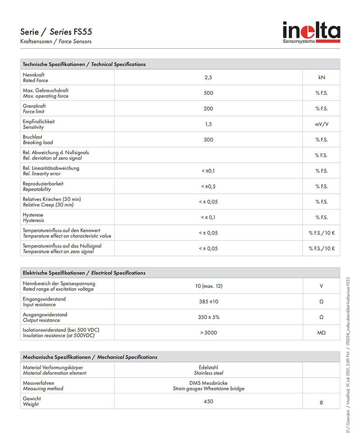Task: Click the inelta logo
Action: click(x=311, y=33)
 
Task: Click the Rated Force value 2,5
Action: click(x=208, y=77)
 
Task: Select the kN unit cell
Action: click(x=321, y=77)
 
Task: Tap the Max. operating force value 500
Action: click(x=208, y=93)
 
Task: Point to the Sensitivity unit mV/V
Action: click(x=321, y=124)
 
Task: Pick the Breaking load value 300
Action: click(x=208, y=140)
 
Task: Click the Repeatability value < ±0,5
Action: click(x=208, y=187)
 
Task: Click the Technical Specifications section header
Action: click(x=84, y=64)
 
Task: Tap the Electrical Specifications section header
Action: click(x=84, y=273)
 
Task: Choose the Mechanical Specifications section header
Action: click(x=90, y=357)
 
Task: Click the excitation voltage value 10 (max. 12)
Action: click(x=208, y=286)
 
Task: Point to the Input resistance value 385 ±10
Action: click(x=208, y=302)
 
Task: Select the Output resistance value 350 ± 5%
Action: click(x=208, y=317)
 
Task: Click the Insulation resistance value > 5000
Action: click(x=208, y=333)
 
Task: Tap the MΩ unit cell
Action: click(x=321, y=333)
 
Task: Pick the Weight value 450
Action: click(x=208, y=402)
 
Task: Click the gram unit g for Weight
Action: click(x=321, y=402)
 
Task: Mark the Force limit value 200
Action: click(x=208, y=109)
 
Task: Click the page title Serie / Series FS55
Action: click(x=57, y=32)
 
